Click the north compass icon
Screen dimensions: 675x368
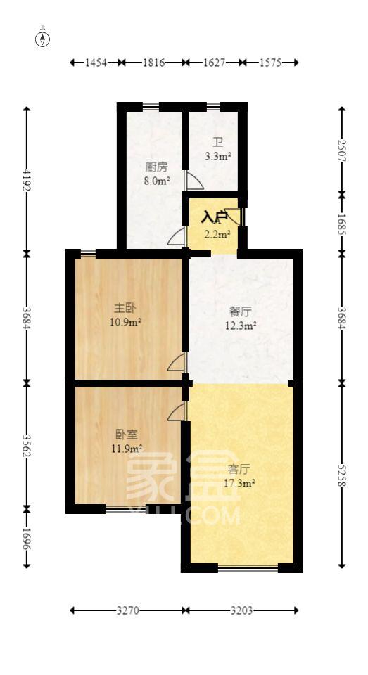click(44, 38)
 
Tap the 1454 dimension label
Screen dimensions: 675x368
click(96, 63)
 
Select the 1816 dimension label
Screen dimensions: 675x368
click(153, 63)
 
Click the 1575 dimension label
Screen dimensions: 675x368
click(270, 63)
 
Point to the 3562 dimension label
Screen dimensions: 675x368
click(27, 443)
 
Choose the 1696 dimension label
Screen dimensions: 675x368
click(27, 536)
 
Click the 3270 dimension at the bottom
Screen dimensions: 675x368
click(127, 610)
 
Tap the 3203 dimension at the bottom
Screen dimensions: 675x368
click(241, 610)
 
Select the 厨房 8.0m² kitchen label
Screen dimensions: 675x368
click(156, 174)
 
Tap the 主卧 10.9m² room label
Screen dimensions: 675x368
click(127, 315)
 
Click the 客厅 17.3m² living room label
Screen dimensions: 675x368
click(239, 475)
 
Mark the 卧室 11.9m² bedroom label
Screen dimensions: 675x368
click(127, 441)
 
